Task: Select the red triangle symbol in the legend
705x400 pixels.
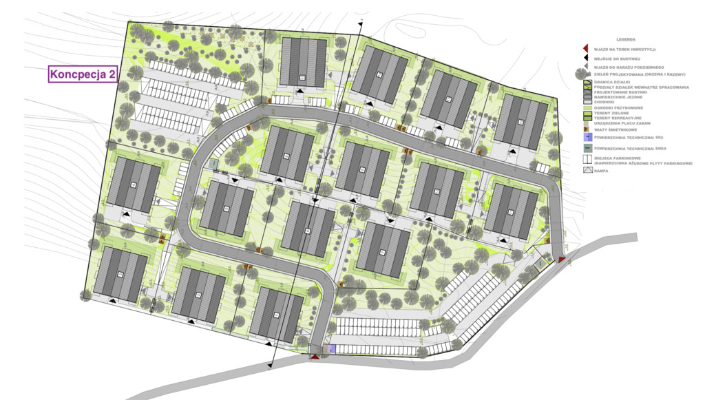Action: [585, 49]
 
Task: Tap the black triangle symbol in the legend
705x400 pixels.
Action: [585, 59]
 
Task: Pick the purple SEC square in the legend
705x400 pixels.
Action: [587, 137]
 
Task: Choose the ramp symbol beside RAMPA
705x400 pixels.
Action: [587, 170]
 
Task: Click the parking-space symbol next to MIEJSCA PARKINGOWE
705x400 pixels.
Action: [587, 160]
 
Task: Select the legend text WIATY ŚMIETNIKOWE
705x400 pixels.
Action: [618, 128]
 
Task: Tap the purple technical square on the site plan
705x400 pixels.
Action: [332, 349]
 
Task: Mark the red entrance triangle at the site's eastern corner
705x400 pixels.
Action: [562, 260]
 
